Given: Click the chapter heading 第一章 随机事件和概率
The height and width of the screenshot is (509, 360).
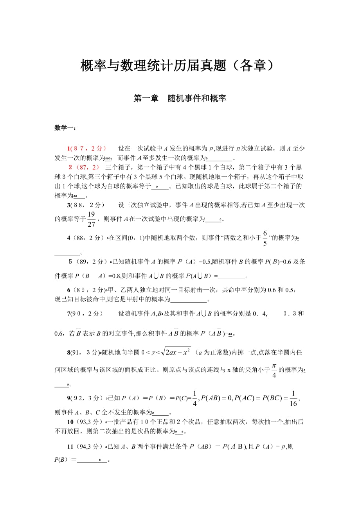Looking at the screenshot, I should click(x=180, y=99).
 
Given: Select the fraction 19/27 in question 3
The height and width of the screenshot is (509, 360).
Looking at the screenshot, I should click(x=91, y=219).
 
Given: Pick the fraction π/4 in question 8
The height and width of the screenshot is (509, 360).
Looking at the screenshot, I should click(x=274, y=369).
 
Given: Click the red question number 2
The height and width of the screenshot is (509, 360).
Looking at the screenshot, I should click(x=70, y=167).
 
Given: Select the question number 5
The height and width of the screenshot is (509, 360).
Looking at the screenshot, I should click(x=70, y=262).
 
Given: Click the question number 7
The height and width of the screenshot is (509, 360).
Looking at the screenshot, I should click(x=68, y=313).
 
